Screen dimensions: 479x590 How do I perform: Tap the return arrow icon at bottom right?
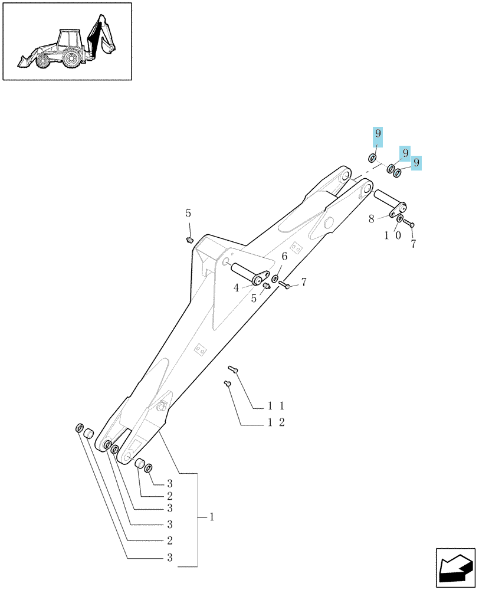tap(455, 568)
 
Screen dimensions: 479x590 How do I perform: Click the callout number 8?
tap(372, 219)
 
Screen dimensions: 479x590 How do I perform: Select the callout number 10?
tap(392, 235)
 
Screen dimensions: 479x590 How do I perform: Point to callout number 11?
tap(276, 406)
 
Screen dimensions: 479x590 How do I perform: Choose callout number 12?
tap(276, 422)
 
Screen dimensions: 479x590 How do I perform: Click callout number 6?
tap(284, 257)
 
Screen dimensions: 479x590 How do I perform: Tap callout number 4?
tap(237, 289)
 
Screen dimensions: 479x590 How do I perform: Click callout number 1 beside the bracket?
tap(212, 517)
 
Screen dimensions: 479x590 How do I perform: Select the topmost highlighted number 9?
tap(378, 133)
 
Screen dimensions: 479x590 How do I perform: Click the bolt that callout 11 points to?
tap(233, 369)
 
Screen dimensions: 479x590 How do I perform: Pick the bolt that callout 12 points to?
tap(227, 383)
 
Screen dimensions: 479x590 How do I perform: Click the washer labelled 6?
tap(275, 279)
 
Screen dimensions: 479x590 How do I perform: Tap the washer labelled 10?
tap(400, 219)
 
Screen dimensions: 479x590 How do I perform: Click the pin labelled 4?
tap(250, 274)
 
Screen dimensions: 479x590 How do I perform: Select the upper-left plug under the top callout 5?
tap(189, 240)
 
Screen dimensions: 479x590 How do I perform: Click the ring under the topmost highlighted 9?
tap(372, 158)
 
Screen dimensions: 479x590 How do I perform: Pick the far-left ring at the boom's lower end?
tap(80, 428)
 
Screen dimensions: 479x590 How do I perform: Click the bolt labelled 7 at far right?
tap(409, 223)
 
